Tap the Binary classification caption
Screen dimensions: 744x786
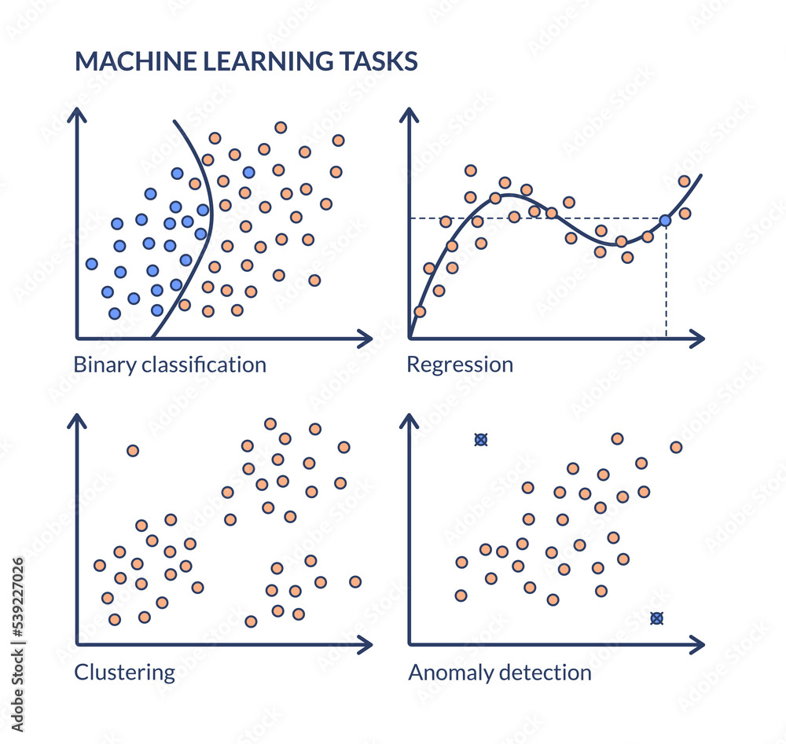(x=170, y=365)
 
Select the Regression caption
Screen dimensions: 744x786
(x=460, y=365)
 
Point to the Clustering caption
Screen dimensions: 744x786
(x=124, y=673)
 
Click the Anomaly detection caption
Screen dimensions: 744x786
(x=500, y=673)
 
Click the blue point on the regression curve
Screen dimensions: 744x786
(x=665, y=221)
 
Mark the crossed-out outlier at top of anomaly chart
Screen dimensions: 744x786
(x=481, y=440)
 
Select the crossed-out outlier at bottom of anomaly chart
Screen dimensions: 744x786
(x=657, y=618)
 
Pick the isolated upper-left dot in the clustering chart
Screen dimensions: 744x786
(x=133, y=450)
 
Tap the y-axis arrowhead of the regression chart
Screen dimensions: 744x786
(x=410, y=115)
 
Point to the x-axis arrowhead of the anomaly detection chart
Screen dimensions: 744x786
(x=697, y=646)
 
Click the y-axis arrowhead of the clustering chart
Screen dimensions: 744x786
(x=77, y=421)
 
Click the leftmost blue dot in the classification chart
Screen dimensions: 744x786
(x=92, y=263)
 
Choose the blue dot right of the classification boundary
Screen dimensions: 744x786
(x=248, y=172)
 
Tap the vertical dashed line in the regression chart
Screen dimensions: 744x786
(x=666, y=283)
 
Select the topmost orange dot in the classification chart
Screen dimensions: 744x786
(x=280, y=127)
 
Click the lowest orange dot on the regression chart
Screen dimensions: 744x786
(x=420, y=311)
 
